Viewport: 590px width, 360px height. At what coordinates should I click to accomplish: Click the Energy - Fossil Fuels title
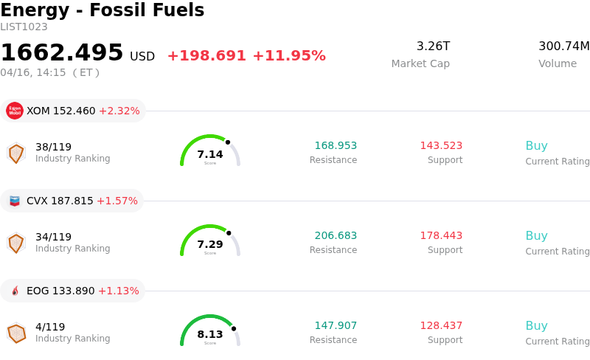click(x=102, y=10)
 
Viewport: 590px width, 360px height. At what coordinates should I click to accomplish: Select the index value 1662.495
click(x=62, y=53)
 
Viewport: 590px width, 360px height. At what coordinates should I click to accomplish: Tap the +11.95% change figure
click(x=289, y=56)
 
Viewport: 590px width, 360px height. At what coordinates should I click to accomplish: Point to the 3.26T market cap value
click(x=433, y=46)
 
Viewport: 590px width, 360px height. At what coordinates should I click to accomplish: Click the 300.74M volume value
click(x=563, y=46)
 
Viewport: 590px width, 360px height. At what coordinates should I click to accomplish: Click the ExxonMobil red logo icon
click(x=15, y=111)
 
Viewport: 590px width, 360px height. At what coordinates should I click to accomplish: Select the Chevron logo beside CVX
click(x=15, y=201)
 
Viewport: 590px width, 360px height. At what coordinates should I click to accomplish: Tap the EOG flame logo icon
click(x=15, y=291)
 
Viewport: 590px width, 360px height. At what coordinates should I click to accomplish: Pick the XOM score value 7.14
click(x=210, y=154)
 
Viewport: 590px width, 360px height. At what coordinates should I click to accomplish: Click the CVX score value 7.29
click(x=210, y=244)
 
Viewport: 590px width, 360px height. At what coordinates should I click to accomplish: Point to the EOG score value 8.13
click(x=210, y=334)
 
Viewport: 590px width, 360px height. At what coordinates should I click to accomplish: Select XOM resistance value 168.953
click(x=336, y=146)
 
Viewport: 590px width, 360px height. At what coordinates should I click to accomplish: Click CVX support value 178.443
click(x=441, y=236)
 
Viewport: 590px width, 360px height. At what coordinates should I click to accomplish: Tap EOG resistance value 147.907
click(x=336, y=326)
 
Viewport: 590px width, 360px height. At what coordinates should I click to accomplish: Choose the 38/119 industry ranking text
click(x=53, y=147)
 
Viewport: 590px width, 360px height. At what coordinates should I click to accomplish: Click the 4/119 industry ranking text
click(x=50, y=327)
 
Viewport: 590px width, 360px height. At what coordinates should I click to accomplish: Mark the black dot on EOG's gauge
click(x=233, y=328)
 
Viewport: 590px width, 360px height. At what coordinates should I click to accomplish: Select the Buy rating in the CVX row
click(x=536, y=236)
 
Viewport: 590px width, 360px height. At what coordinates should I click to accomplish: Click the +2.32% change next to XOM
click(x=119, y=111)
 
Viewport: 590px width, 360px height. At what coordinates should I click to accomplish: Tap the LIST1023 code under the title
click(x=24, y=27)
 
